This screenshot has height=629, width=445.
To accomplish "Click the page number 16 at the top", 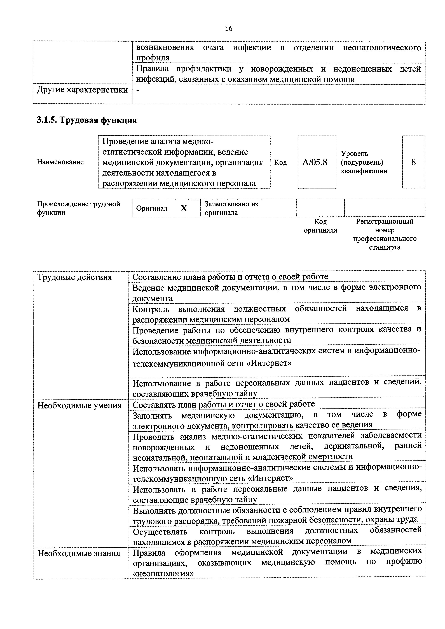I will coord(228,29).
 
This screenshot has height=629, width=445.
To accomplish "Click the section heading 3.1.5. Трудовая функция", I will coord(87,120).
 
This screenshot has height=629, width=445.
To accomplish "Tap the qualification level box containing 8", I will coord(413,162).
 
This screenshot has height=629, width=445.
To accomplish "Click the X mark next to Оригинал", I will coord(184,209).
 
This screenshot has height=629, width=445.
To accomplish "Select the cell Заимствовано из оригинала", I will coord(231,208).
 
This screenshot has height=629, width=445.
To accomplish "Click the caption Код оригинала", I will coord(320,226).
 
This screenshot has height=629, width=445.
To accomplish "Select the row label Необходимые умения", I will coord(79,405).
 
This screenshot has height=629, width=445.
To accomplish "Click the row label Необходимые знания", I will coord(79,553).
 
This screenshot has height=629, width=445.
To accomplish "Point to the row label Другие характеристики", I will coord(82,90).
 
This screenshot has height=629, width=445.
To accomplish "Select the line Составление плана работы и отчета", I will coord(230,277).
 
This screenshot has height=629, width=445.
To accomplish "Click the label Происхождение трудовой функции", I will coord(78,208).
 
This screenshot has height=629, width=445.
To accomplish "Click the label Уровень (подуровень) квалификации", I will coord(364,162).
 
